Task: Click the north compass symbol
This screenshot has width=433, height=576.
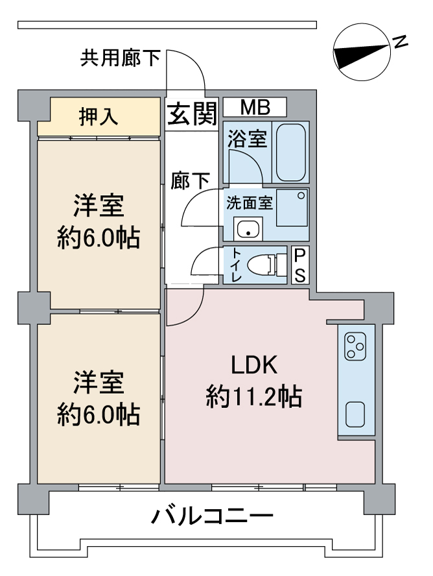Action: (360, 53)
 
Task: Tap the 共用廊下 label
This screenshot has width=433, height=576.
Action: (121, 59)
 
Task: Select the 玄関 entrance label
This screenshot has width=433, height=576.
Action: (193, 115)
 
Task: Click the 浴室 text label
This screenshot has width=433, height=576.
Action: (246, 138)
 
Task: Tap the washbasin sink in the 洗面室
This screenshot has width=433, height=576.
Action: (247, 228)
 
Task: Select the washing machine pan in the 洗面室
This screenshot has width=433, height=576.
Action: (292, 207)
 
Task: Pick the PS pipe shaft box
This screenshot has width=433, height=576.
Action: (299, 265)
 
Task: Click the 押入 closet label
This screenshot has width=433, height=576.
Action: (99, 117)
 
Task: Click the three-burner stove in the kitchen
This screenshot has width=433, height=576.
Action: (355, 346)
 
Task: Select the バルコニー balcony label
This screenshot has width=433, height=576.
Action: (213, 517)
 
